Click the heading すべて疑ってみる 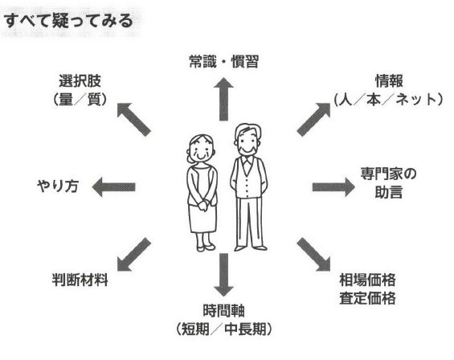point(68,21)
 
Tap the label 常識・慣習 point(223,62)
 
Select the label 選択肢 point(80,81)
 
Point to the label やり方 point(58,186)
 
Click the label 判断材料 point(80,280)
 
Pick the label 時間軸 point(223,311)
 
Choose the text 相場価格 point(367,280)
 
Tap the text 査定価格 point(367,298)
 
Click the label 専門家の point(388,174)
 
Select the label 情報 point(389,81)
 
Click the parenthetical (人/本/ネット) point(389,100)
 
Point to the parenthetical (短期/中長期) point(223,329)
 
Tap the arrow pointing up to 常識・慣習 point(223,99)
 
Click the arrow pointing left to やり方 point(113,186)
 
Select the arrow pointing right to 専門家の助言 point(333,186)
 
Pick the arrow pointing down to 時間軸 point(223,275)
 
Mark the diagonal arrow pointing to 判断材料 point(134,255)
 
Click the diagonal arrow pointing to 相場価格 point(313,255)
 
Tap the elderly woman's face point(201,149)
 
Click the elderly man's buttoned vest point(248,178)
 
